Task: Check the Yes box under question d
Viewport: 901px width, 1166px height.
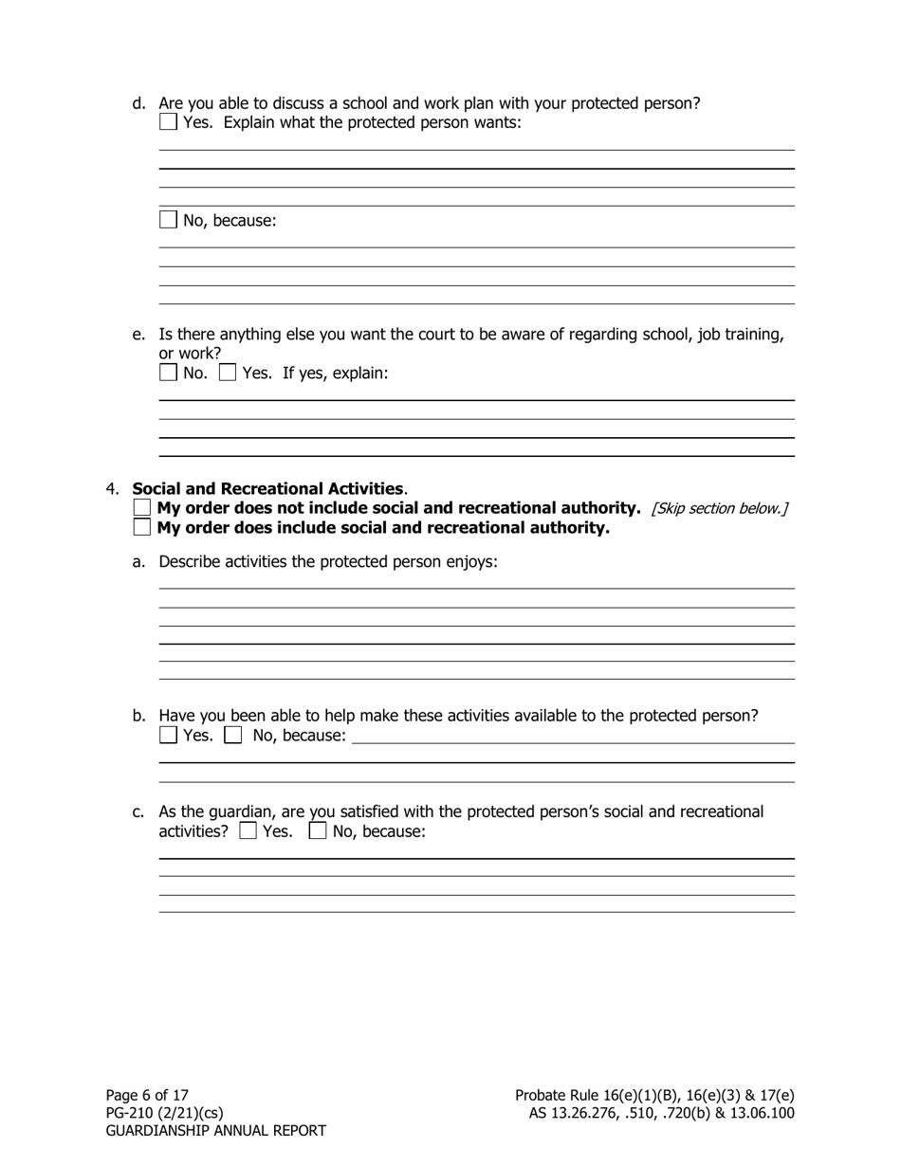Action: coord(168,122)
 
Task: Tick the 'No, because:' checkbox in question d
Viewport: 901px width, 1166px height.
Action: coord(168,220)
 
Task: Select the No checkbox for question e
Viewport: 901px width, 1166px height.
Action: coord(168,373)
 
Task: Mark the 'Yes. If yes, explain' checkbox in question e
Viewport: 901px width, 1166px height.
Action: coord(228,373)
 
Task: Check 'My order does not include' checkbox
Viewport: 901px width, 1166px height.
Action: coord(142,508)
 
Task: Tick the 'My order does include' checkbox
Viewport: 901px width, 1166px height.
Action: coord(142,527)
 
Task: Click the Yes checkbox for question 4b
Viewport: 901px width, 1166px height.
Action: coord(168,735)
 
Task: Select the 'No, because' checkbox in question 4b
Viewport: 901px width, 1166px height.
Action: coord(233,735)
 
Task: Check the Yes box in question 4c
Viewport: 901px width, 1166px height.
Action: coord(248,831)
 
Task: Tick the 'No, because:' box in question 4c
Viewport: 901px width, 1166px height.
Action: coord(318,831)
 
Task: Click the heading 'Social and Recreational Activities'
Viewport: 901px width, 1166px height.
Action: coord(268,489)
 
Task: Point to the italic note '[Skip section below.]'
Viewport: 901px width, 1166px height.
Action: coord(719,509)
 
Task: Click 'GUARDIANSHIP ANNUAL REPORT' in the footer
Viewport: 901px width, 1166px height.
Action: coord(215,1131)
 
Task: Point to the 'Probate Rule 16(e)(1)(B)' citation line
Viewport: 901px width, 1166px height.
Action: coord(654,1095)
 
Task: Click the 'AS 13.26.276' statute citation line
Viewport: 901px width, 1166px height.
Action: coord(661,1113)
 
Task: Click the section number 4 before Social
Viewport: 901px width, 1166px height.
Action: coord(112,489)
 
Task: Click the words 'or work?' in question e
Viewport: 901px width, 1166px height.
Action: coord(190,354)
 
